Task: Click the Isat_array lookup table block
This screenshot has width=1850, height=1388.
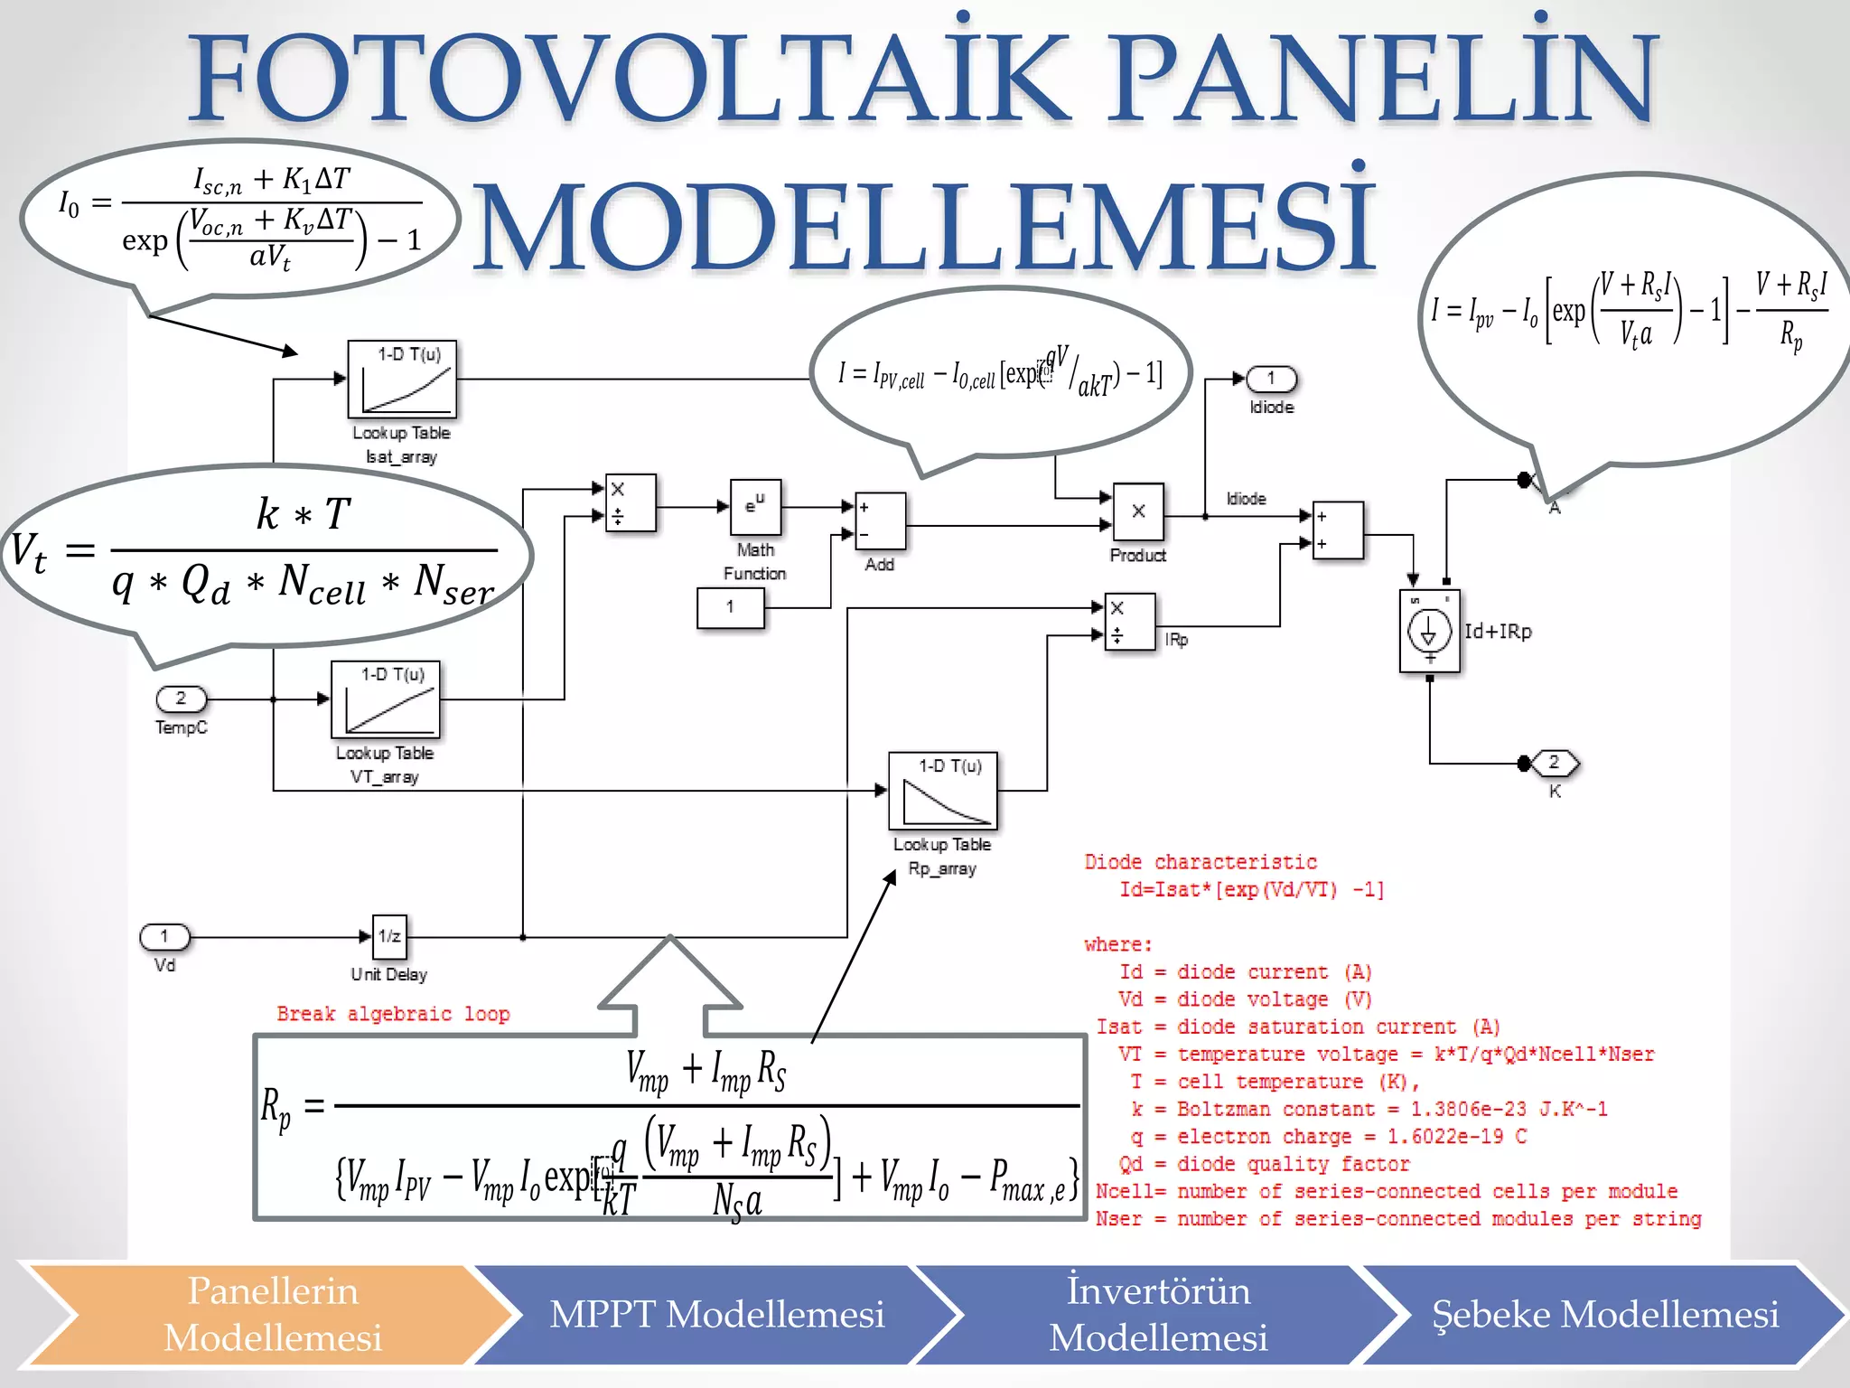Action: point(402,379)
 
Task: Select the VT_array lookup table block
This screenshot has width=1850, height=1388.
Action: point(386,699)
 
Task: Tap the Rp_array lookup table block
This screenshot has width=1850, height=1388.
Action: point(943,791)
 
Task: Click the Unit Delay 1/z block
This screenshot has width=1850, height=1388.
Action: point(389,936)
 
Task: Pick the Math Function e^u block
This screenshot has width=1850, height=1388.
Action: point(755,507)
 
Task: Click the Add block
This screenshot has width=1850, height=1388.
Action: point(879,521)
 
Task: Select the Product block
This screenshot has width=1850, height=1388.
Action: point(1138,512)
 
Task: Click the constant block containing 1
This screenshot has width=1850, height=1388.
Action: point(730,607)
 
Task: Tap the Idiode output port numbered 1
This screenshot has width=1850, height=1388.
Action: point(1271,379)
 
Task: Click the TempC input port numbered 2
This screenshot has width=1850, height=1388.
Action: point(181,699)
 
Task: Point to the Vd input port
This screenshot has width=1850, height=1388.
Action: point(164,937)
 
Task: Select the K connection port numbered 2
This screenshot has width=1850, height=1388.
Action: point(1554,764)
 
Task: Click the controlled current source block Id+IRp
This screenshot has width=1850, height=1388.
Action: point(1429,632)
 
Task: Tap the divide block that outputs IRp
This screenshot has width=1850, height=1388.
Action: point(1129,622)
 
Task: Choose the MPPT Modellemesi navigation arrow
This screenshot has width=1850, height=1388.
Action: point(716,1315)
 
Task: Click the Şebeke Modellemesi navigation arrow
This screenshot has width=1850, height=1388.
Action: point(1605,1315)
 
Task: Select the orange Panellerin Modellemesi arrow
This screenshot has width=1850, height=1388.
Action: point(273,1315)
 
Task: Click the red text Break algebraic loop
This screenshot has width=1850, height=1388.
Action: point(393,1014)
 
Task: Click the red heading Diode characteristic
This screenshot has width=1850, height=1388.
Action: point(1201,862)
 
